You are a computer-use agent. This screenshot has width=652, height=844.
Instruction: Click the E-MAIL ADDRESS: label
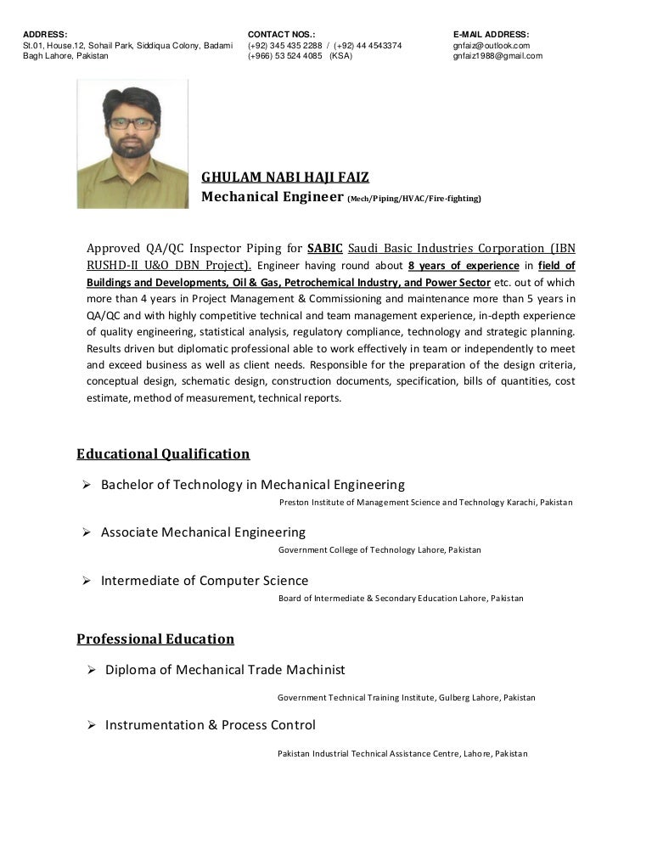[x=492, y=34]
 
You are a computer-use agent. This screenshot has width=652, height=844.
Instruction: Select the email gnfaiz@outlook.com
[x=492, y=45]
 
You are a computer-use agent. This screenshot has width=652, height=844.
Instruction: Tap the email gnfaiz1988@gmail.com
[x=497, y=56]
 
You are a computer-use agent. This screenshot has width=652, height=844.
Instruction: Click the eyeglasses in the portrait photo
[x=133, y=124]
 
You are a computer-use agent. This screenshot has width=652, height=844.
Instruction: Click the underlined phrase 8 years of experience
[x=464, y=265]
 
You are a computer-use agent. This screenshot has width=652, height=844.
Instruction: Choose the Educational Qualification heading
[x=163, y=453]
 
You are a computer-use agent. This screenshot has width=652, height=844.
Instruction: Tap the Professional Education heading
[x=155, y=638]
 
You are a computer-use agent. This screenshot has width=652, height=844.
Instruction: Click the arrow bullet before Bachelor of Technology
[x=87, y=485]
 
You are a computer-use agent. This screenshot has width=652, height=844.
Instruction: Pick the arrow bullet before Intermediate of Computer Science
[x=87, y=581]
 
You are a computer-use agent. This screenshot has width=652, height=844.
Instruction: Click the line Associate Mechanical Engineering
[x=203, y=532]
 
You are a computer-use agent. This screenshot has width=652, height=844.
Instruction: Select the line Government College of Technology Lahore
[x=379, y=550]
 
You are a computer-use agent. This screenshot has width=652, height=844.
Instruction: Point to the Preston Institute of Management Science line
[x=425, y=503]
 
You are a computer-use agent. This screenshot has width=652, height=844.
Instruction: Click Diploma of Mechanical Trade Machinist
[x=225, y=670]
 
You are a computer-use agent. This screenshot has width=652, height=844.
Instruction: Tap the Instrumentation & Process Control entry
[x=210, y=725]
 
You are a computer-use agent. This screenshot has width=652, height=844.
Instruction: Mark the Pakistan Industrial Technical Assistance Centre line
[x=402, y=754]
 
